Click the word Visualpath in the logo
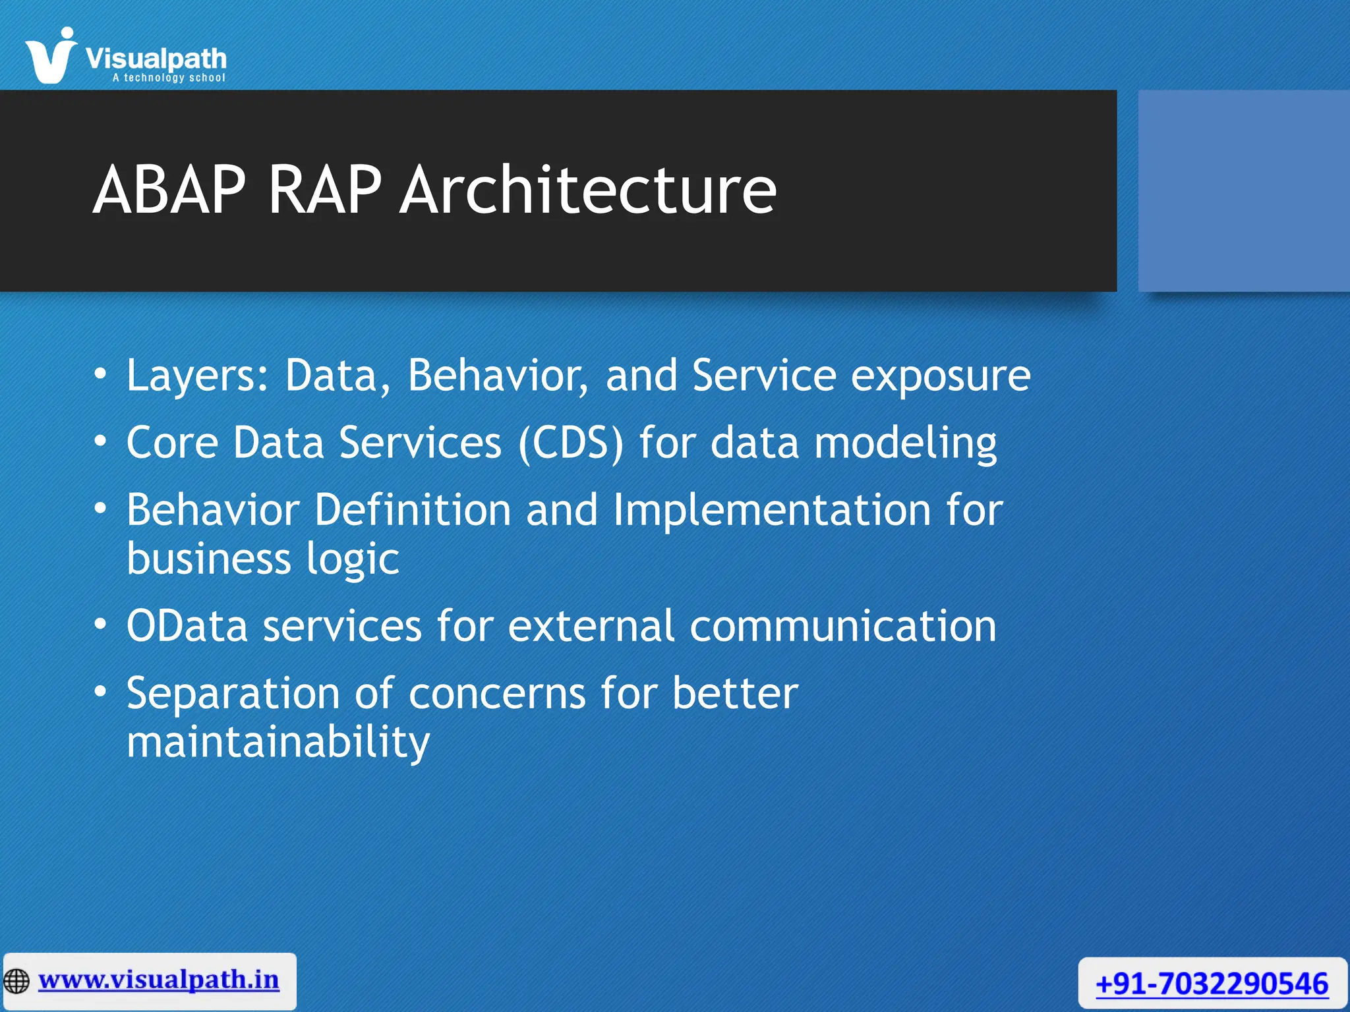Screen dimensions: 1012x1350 (x=156, y=59)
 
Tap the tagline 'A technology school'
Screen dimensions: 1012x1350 (x=169, y=78)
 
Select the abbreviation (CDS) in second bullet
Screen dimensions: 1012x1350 (x=571, y=443)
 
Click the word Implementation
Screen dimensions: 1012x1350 (x=772, y=510)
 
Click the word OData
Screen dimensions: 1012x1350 (x=187, y=626)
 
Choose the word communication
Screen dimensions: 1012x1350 (x=843, y=626)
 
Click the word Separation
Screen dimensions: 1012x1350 (x=233, y=693)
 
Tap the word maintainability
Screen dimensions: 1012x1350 (x=278, y=743)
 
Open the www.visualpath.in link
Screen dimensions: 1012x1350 (x=159, y=980)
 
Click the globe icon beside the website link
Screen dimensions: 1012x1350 (x=16, y=981)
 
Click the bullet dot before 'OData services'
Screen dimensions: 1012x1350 (x=100, y=623)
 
